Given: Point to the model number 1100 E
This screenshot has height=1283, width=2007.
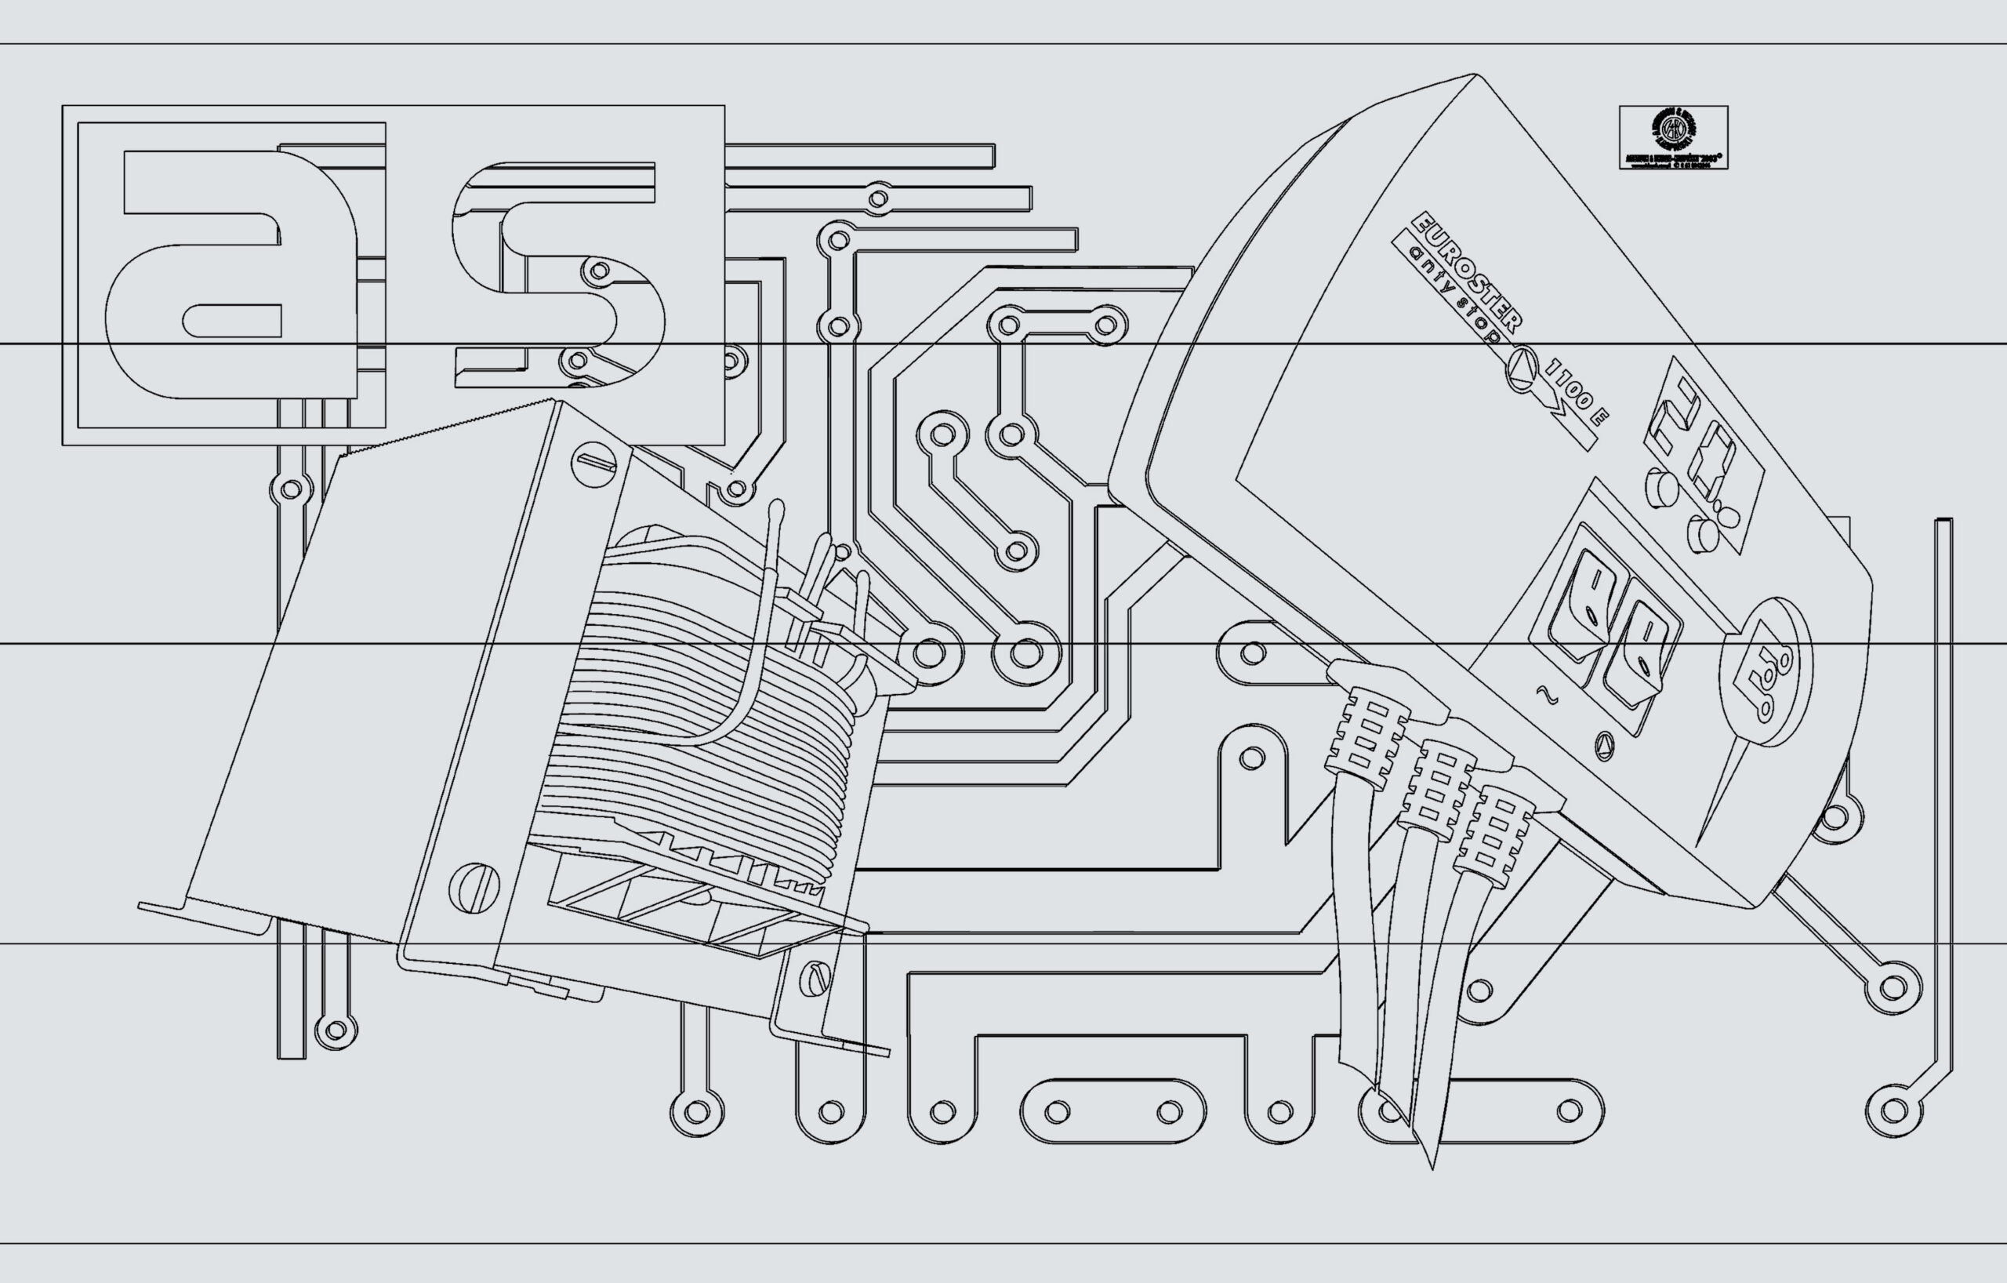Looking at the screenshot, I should pyautogui.click(x=1576, y=392).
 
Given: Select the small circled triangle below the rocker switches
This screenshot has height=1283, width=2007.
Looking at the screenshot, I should pyautogui.click(x=1603, y=745).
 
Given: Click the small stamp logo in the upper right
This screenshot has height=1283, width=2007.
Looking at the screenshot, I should pyautogui.click(x=1674, y=137).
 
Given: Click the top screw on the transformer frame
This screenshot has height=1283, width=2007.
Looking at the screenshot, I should pyautogui.click(x=593, y=462).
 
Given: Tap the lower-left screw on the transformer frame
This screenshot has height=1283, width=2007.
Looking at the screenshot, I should pyautogui.click(x=474, y=887).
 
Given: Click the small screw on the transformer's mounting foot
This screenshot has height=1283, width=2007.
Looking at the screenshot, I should pyautogui.click(x=815, y=979).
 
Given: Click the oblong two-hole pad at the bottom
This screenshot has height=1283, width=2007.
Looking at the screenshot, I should pyautogui.click(x=1112, y=1111).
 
